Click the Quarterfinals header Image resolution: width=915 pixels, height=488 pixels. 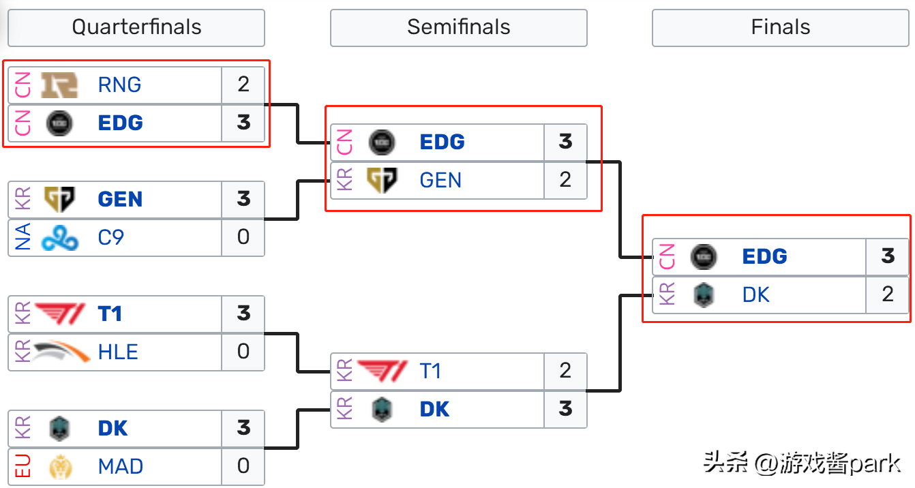[x=136, y=27]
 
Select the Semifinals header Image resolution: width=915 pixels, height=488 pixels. [x=458, y=27]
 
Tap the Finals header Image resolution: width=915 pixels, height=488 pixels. [x=780, y=27]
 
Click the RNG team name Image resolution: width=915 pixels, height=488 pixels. [x=119, y=85]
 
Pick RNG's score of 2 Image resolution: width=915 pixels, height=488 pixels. [x=243, y=85]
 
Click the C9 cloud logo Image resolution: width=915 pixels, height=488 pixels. [x=59, y=238]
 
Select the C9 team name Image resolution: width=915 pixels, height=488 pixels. [x=111, y=238]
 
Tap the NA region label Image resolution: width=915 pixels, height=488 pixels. [x=23, y=238]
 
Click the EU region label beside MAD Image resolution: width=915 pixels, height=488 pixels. [x=23, y=467]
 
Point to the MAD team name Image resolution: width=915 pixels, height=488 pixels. [x=121, y=467]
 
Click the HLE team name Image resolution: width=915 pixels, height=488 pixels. [x=118, y=352]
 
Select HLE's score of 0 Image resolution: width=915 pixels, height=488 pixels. [x=243, y=352]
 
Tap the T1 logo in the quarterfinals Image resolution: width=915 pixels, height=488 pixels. [x=59, y=314]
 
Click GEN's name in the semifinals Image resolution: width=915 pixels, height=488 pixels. [x=440, y=181]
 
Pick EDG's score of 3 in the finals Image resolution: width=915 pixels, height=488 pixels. [x=887, y=257]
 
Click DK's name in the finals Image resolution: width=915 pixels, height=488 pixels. [x=755, y=295]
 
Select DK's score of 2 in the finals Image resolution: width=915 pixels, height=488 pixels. [x=887, y=295]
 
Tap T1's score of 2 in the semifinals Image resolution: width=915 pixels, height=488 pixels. [x=565, y=371]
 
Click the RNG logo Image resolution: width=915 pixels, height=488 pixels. [x=59, y=85]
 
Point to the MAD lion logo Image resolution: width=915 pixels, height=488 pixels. [x=59, y=467]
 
